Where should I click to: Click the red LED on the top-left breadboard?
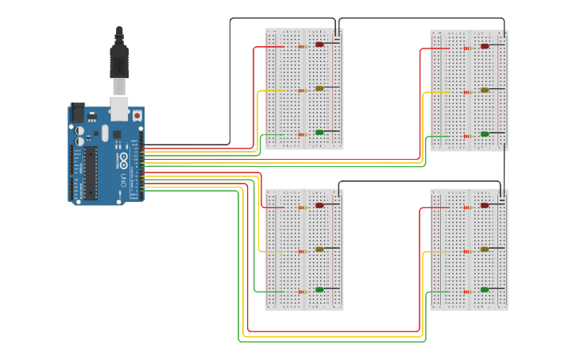pos(319,45)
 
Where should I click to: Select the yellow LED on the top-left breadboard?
pos(319,88)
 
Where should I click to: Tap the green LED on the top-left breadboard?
pos(319,132)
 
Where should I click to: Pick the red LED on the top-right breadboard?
pos(485,46)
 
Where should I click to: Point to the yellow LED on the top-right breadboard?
pos(485,90)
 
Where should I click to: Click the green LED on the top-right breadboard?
pos(485,134)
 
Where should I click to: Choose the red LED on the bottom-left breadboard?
pos(319,205)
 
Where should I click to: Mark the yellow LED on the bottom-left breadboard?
pos(319,249)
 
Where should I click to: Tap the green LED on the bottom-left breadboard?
pos(319,289)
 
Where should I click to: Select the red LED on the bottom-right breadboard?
pos(485,205)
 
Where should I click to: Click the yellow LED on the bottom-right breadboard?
pos(485,249)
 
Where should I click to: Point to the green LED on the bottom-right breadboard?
pos(485,289)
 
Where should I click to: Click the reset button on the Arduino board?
pos(137,116)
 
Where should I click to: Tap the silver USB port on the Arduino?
pos(118,106)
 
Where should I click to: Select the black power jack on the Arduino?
pos(77,113)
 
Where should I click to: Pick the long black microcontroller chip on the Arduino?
pos(91,172)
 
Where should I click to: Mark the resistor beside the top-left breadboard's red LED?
pos(302,46)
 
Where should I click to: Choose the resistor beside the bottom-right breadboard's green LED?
pos(467,291)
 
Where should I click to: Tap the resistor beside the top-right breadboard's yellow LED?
pos(467,91)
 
